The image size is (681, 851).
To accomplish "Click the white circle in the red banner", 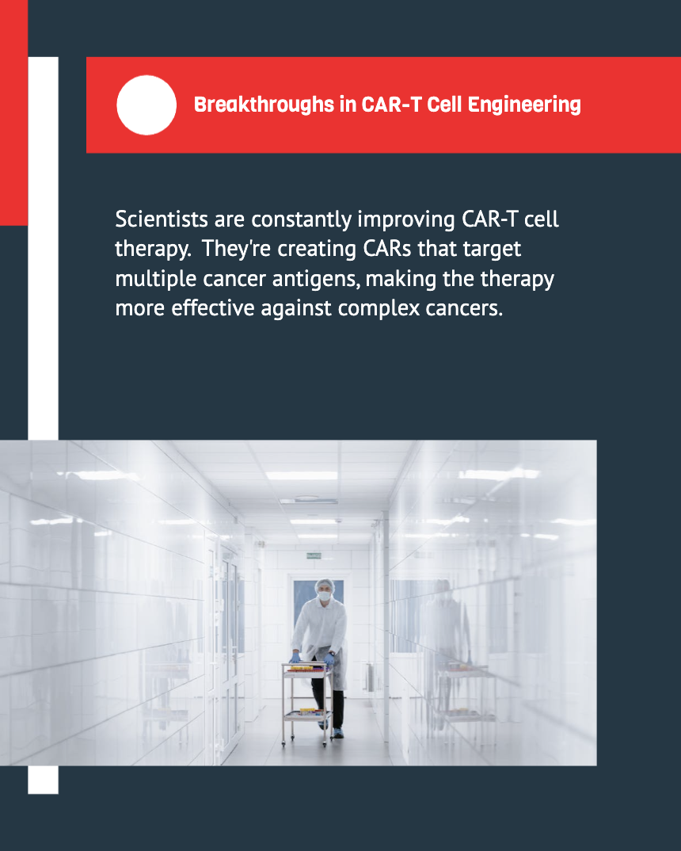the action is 146,105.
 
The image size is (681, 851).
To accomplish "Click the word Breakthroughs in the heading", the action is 264,105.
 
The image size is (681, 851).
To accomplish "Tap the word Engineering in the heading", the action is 524,105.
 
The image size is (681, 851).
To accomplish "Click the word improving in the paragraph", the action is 406,220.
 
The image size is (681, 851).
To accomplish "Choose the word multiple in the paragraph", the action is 156,279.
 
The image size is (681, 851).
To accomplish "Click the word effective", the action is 213,308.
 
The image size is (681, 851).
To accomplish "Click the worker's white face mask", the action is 324,595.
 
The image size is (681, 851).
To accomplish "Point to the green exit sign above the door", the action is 314,555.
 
